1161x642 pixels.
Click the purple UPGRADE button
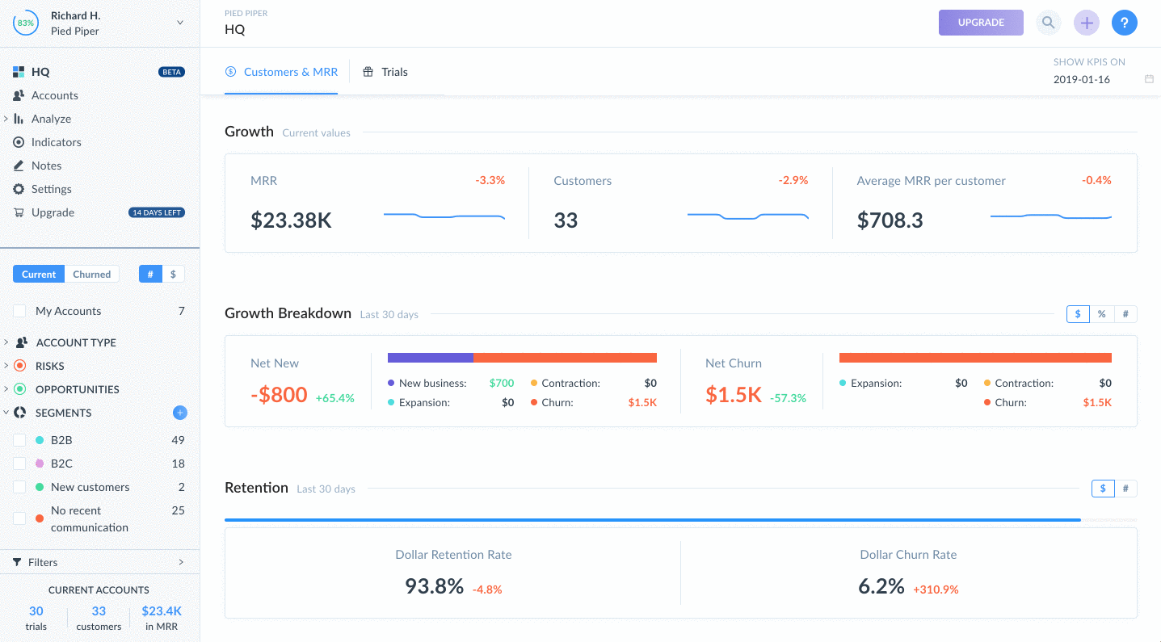pyautogui.click(x=980, y=23)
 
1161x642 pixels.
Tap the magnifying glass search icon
pyautogui.click(x=1048, y=23)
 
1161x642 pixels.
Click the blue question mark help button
pyautogui.click(x=1124, y=23)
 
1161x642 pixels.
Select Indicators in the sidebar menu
pyautogui.click(x=56, y=142)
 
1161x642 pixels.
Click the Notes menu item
pyautogui.click(x=46, y=166)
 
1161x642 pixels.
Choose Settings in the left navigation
pyautogui.click(x=51, y=189)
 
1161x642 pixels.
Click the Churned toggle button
pyautogui.click(x=91, y=275)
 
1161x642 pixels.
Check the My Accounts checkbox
pyautogui.click(x=20, y=312)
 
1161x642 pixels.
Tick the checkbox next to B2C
pyautogui.click(x=20, y=464)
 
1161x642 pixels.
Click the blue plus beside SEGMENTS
pyautogui.click(x=179, y=413)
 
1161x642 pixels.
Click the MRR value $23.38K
pyautogui.click(x=291, y=220)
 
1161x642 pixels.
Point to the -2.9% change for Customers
pyautogui.click(x=793, y=180)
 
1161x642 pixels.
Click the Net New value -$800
pyautogui.click(x=279, y=395)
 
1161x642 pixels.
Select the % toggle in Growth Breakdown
pyautogui.click(x=1101, y=314)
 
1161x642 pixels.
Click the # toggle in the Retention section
pyautogui.click(x=1125, y=489)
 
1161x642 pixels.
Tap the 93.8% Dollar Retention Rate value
pyautogui.click(x=434, y=586)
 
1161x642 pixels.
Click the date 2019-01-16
pyautogui.click(x=1081, y=79)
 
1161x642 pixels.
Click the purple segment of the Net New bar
pyautogui.click(x=430, y=357)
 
